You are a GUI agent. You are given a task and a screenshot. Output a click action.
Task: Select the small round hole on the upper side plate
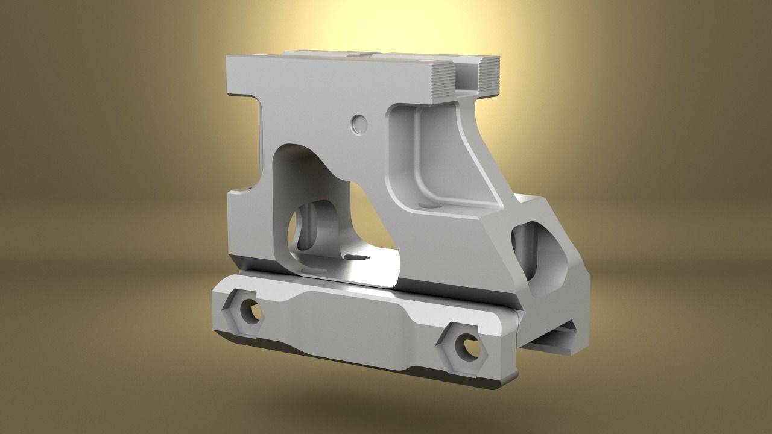(359, 124)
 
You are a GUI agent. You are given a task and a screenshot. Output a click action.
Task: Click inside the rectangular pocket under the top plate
(422, 157)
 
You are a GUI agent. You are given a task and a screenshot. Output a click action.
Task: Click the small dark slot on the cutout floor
(359, 258)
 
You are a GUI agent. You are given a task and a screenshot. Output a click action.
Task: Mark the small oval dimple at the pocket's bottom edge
(429, 206)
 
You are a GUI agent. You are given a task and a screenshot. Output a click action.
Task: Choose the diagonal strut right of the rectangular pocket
(476, 151)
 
